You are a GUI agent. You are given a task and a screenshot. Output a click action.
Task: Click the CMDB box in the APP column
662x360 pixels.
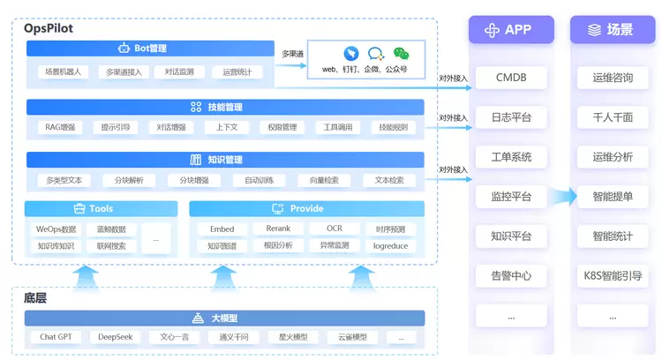[511, 78]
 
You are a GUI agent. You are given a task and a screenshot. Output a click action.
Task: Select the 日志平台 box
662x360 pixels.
[511, 117]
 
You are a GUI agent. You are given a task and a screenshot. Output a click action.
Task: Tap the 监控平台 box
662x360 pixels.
[511, 197]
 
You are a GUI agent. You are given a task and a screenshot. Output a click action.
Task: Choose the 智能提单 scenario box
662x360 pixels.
[613, 197]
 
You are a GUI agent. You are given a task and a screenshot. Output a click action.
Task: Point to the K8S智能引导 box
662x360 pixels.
[613, 275]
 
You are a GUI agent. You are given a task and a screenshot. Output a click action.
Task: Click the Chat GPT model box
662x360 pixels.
[56, 337]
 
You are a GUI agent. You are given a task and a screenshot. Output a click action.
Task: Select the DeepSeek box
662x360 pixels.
[115, 337]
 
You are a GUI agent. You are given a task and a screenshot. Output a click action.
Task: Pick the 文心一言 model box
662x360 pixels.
[174, 337]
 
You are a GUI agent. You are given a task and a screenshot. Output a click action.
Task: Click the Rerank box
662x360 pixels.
[278, 229]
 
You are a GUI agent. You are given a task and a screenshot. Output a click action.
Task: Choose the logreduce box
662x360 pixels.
[390, 246]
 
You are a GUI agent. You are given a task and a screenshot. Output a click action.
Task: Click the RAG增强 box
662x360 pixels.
[60, 128]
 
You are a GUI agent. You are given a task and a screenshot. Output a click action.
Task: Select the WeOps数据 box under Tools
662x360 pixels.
[56, 229]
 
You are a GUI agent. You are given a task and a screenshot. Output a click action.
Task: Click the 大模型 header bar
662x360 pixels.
[225, 318]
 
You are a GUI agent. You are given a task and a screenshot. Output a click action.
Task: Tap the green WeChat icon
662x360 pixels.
[402, 54]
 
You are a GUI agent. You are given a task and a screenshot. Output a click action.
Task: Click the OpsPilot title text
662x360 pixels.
[49, 28]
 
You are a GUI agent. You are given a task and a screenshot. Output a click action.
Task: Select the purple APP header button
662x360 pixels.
[510, 30]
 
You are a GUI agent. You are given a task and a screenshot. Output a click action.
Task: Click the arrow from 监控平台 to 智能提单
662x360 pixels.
[560, 196]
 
